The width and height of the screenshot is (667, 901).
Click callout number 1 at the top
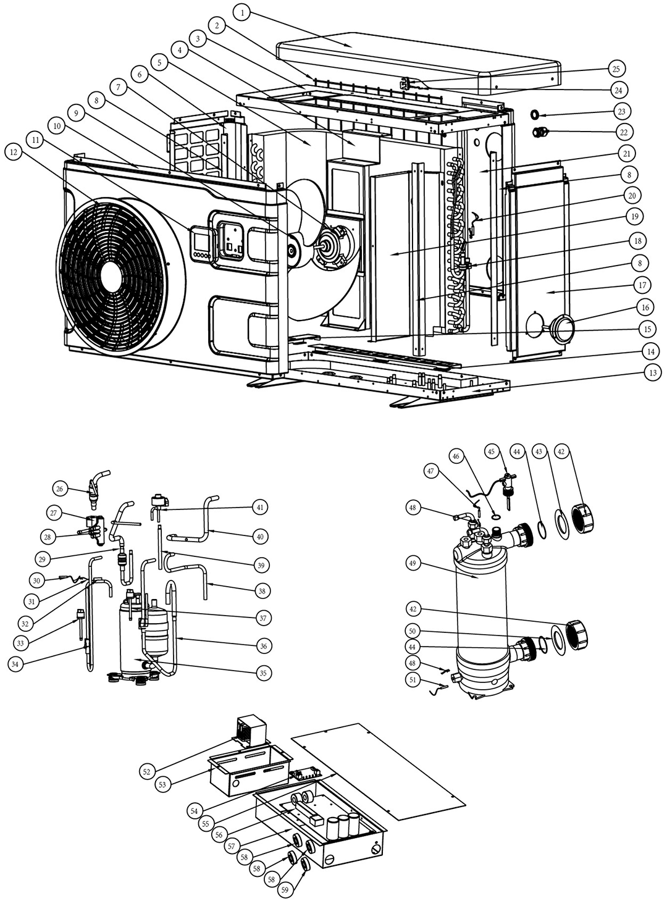[x=243, y=12]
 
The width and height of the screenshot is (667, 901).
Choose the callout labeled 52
[x=147, y=772]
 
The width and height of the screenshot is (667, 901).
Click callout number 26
[x=60, y=489]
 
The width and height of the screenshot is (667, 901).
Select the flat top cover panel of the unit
[x=420, y=59]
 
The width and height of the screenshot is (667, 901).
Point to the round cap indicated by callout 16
[x=563, y=327]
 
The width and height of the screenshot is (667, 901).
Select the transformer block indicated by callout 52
[x=252, y=731]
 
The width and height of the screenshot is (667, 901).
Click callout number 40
[x=260, y=537]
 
